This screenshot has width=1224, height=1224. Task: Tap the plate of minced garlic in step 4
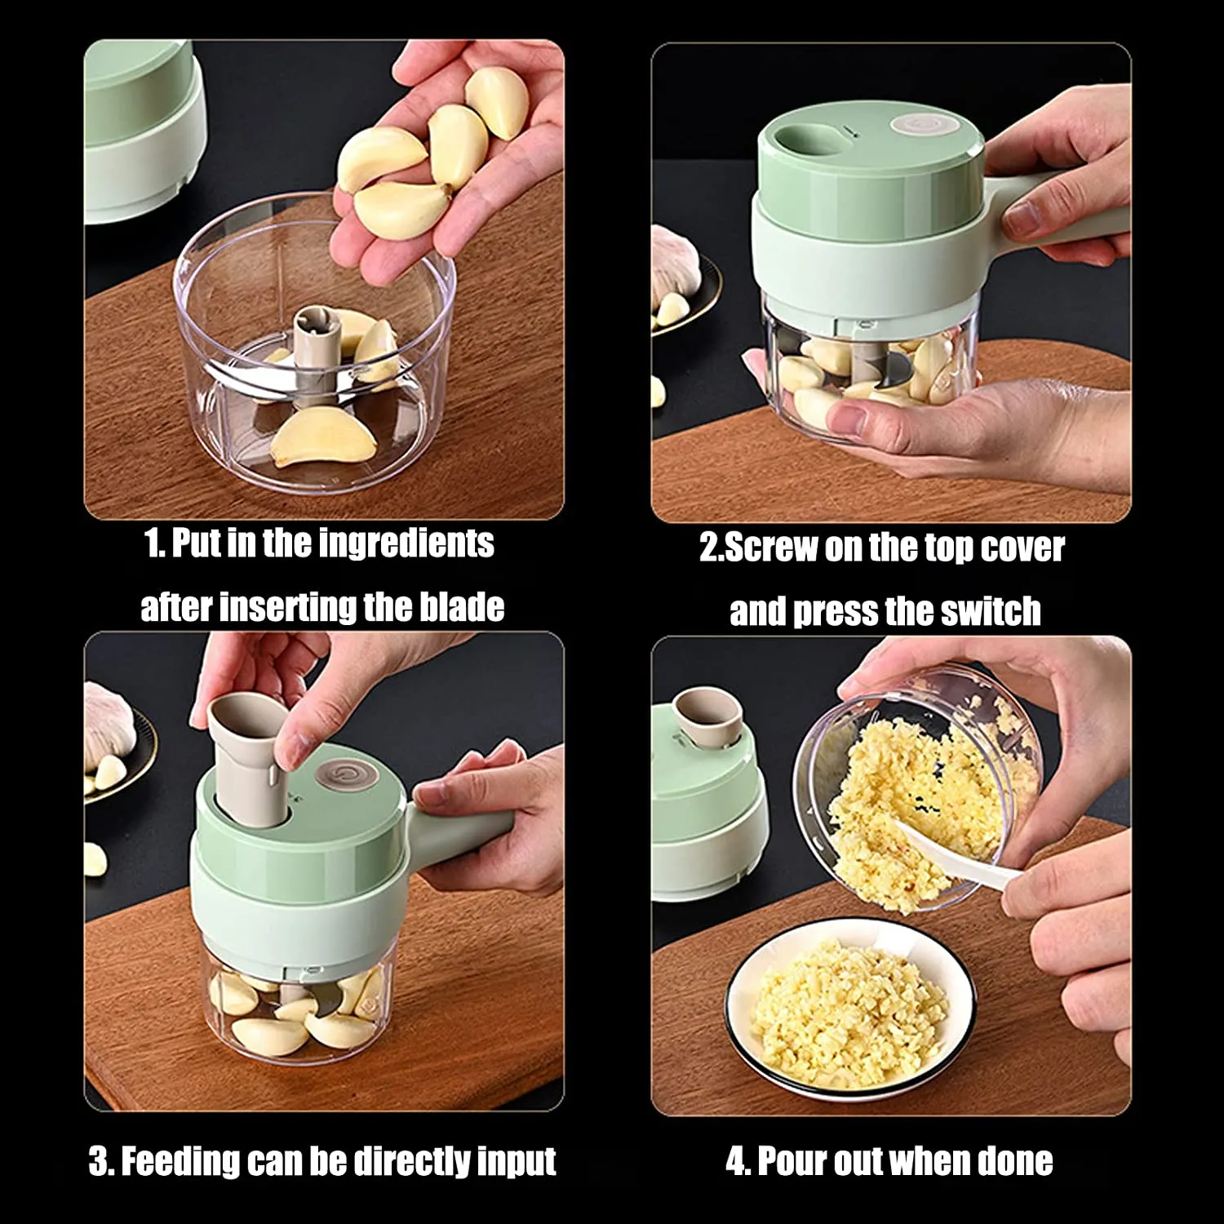click(849, 1012)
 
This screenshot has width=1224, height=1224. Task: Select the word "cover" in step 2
click(1022, 548)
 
